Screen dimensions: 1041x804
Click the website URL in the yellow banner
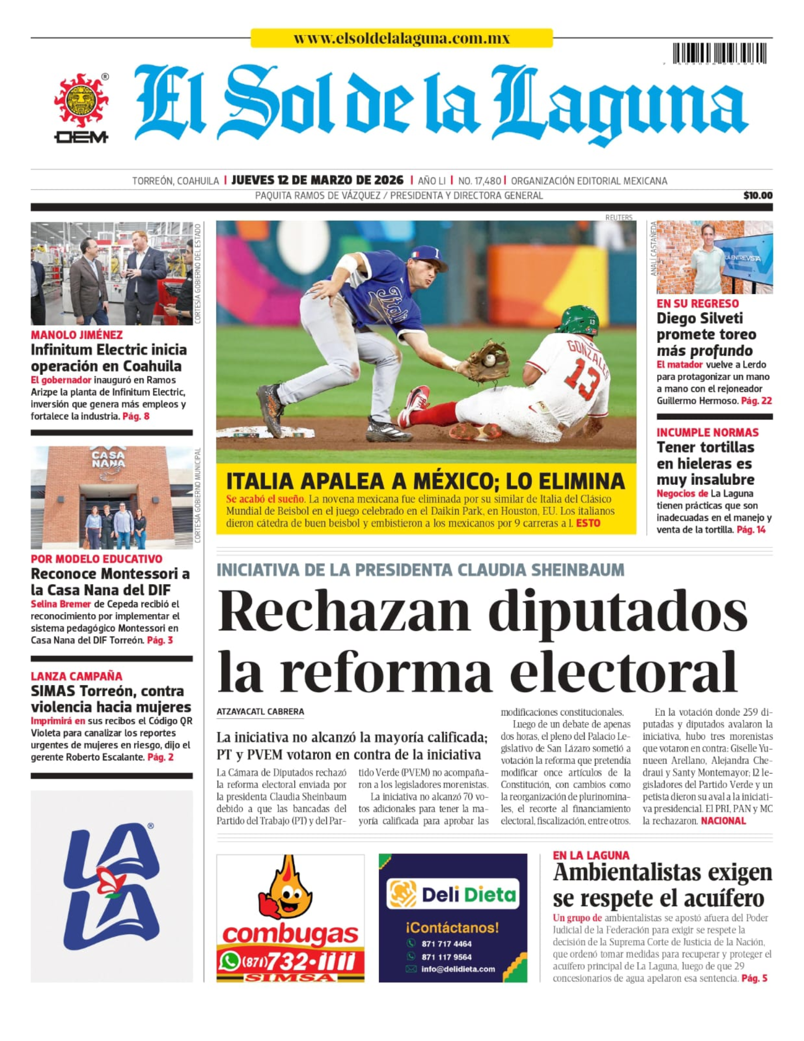click(401, 39)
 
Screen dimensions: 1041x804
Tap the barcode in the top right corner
click(719, 54)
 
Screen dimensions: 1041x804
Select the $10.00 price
click(758, 196)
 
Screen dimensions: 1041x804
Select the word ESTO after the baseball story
click(588, 523)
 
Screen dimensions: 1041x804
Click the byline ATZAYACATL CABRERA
click(260, 712)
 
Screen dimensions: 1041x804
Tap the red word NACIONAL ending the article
click(723, 821)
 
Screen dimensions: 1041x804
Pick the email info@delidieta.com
click(458, 969)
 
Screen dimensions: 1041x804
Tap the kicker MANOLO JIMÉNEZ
click(76, 335)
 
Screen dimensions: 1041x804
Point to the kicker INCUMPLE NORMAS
click(707, 433)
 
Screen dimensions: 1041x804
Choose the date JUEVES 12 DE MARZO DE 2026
click(317, 181)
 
